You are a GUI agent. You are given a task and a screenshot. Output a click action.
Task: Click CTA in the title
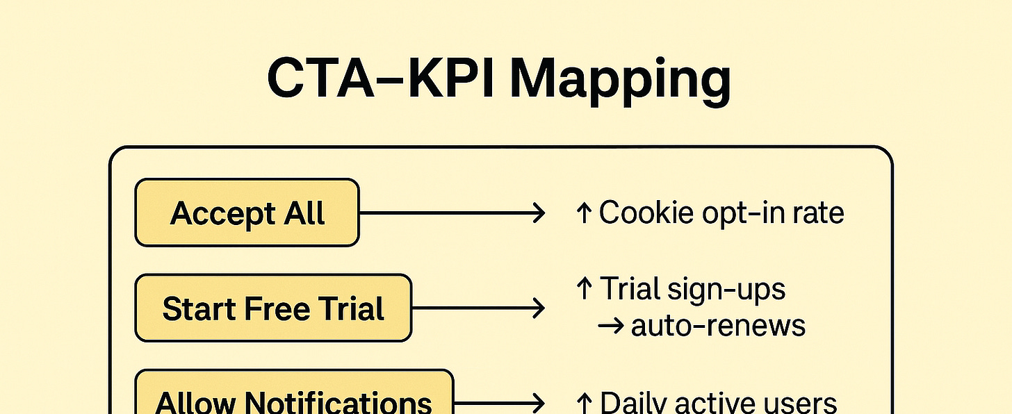point(321,78)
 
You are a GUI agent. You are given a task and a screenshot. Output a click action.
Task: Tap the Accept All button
point(247,213)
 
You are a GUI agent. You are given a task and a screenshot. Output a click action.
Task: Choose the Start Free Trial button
point(273,308)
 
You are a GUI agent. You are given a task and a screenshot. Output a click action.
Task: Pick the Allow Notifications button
point(294,392)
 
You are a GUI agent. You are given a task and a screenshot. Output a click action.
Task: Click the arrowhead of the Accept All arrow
point(539,213)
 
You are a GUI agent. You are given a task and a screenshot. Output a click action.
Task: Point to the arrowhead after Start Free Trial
point(539,308)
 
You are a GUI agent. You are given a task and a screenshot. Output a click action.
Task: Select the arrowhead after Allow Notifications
point(539,403)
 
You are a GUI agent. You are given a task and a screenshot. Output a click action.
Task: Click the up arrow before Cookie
point(584,213)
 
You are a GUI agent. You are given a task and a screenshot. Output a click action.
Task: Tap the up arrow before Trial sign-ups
point(584,288)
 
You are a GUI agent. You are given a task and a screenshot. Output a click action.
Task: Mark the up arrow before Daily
point(584,403)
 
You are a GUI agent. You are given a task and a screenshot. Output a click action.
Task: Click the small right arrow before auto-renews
point(611,326)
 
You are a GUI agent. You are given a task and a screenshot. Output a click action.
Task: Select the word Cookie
point(646,212)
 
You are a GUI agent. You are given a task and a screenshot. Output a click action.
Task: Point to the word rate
point(819,213)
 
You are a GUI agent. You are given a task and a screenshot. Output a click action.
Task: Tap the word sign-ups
point(726,290)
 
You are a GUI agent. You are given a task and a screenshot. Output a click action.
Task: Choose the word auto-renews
point(718,326)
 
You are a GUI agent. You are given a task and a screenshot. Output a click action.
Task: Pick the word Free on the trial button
point(277,308)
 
